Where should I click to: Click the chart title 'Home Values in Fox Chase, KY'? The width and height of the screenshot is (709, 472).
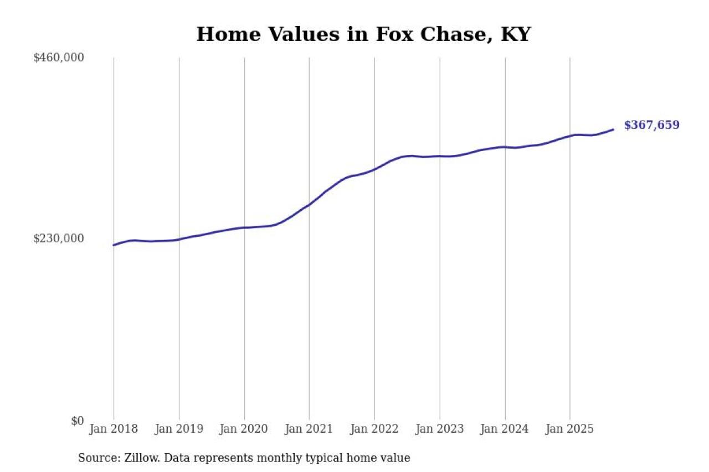point(363,34)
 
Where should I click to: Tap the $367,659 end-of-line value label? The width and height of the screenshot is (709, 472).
point(651,125)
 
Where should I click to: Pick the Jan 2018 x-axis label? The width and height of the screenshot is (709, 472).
point(114,429)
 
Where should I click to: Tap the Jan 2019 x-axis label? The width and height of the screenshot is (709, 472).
point(179,429)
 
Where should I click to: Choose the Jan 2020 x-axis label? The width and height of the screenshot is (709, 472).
point(244,429)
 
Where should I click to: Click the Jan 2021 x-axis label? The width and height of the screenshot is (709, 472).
point(309,429)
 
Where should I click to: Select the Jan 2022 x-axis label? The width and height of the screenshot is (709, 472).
point(374,429)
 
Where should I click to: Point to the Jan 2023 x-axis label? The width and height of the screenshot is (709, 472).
point(440,429)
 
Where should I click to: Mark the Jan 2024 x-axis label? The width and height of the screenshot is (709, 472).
point(505,429)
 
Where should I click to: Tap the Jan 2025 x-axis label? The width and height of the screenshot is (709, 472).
point(570,429)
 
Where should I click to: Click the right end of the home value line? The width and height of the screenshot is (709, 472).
point(613,129)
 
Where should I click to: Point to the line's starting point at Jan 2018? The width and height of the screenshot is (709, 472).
point(114,245)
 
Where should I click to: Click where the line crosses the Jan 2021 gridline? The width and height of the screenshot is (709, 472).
point(309,205)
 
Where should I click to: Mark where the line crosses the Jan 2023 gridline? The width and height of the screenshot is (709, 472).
point(440,156)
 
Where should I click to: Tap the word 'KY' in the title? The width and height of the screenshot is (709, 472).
point(515,34)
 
